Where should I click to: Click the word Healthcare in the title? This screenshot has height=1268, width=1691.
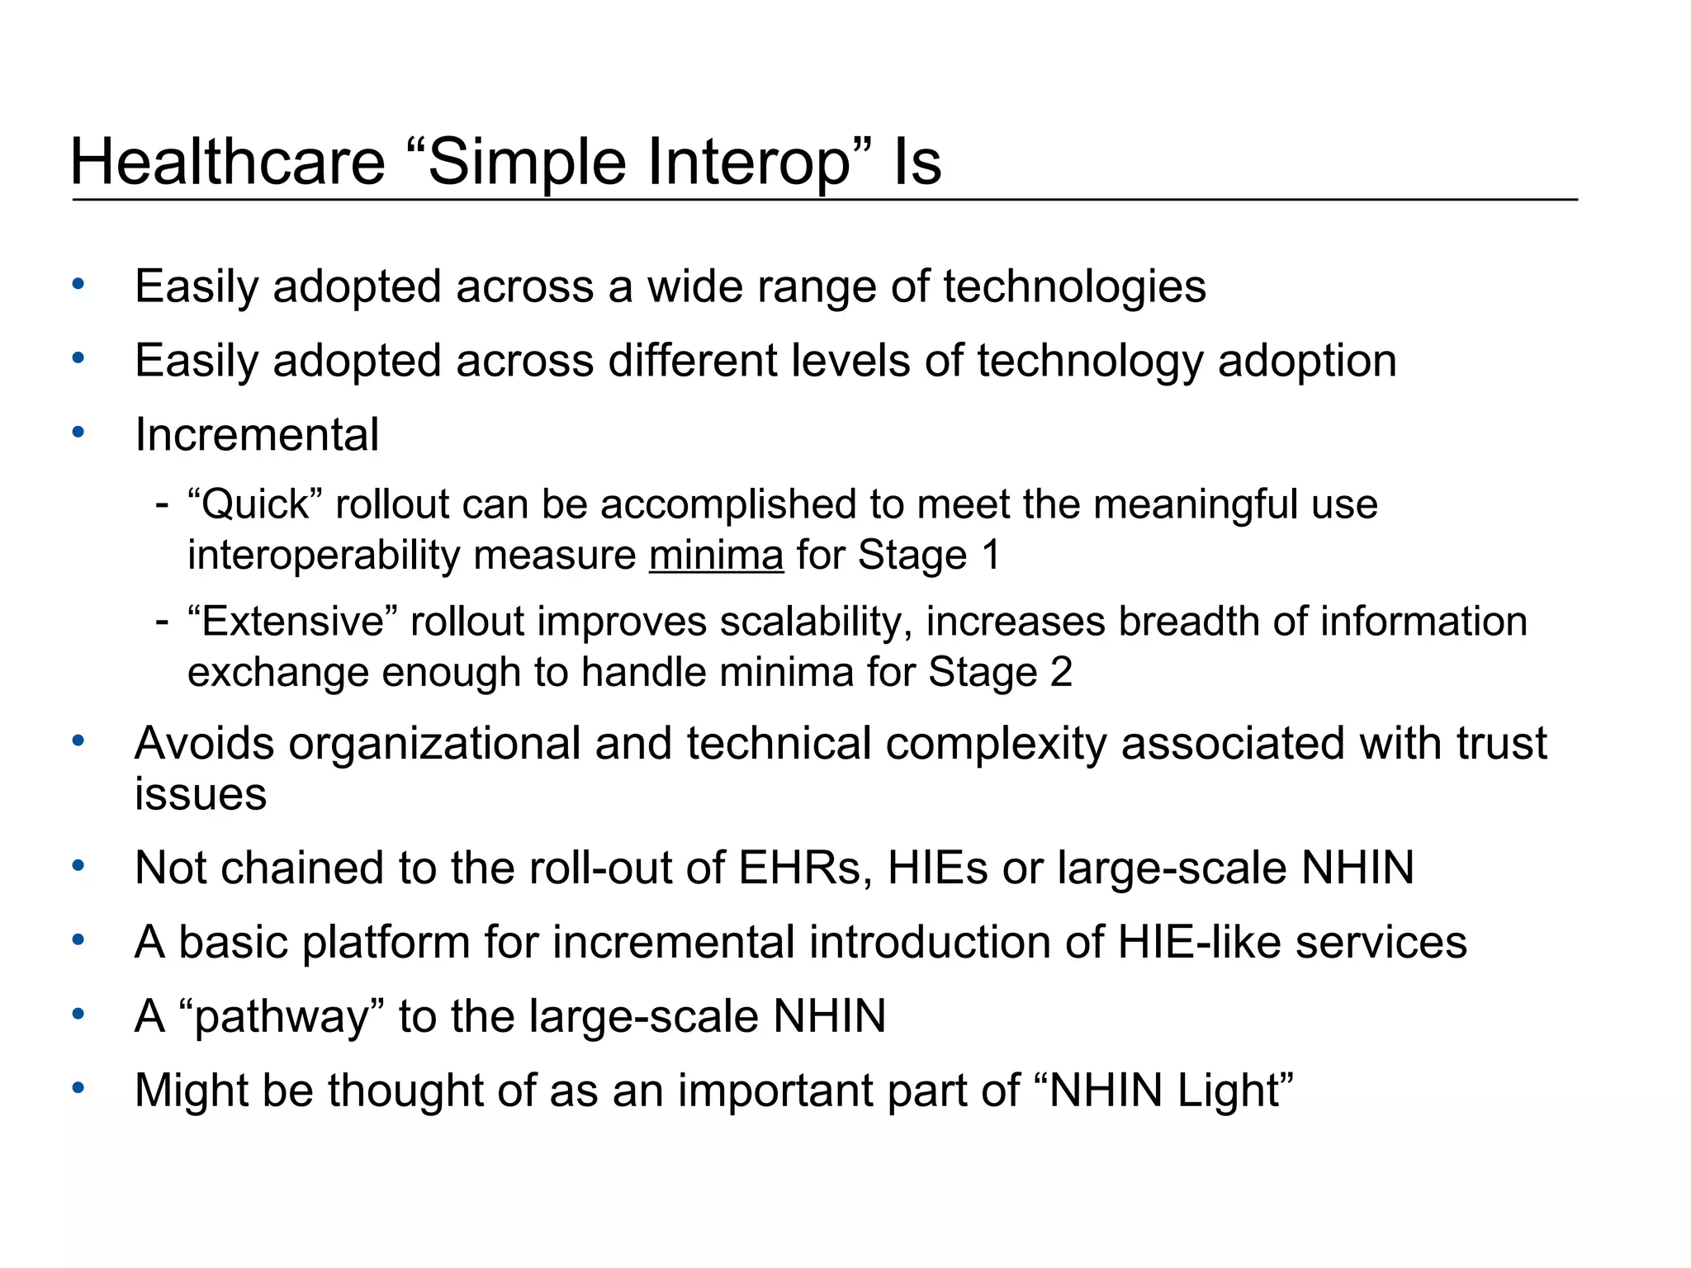click(228, 162)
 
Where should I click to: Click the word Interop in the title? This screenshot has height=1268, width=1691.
click(747, 162)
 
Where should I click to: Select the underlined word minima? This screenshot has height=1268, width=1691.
click(716, 555)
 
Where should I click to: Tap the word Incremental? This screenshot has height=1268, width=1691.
click(257, 434)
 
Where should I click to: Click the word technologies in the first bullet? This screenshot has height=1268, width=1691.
click(1074, 286)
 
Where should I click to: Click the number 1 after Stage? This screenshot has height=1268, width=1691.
click(990, 555)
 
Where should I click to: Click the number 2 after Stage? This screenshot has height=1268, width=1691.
click(1061, 672)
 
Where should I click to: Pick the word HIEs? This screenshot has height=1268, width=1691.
click(937, 868)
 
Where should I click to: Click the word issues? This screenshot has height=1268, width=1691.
click(201, 794)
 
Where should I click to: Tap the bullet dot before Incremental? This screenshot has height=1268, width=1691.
click(78, 432)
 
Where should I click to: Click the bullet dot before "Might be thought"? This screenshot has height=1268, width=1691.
click(78, 1088)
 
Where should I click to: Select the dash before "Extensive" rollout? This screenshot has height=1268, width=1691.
click(162, 622)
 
